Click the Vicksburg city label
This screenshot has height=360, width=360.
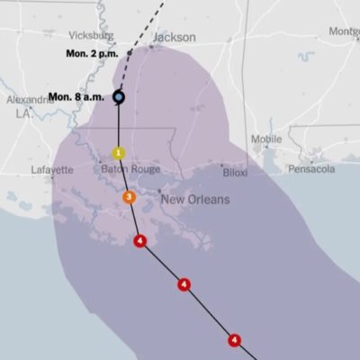tap(91, 36)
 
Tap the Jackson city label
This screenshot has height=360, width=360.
tap(174, 38)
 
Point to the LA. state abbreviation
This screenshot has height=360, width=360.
tap(22, 114)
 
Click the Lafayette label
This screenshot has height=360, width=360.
tap(51, 169)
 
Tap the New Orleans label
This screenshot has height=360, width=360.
tap(195, 199)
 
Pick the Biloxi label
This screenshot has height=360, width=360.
tap(235, 171)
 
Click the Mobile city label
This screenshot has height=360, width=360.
tap(266, 139)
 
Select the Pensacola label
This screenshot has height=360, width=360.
tap(310, 169)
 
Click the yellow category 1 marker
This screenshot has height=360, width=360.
tap(118, 153)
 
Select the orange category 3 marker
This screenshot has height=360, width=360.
tap(129, 197)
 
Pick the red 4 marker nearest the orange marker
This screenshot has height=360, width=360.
tap(139, 240)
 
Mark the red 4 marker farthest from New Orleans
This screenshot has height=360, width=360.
tap(235, 340)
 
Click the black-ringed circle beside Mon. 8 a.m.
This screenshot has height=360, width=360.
tap(119, 96)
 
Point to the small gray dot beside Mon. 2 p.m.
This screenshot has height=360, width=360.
tap(129, 54)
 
